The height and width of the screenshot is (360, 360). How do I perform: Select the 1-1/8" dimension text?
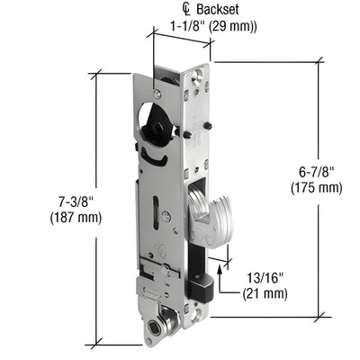(x=186, y=26)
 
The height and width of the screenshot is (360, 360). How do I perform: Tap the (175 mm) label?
(x=316, y=187)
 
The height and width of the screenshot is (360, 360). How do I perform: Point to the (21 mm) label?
(x=265, y=293)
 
